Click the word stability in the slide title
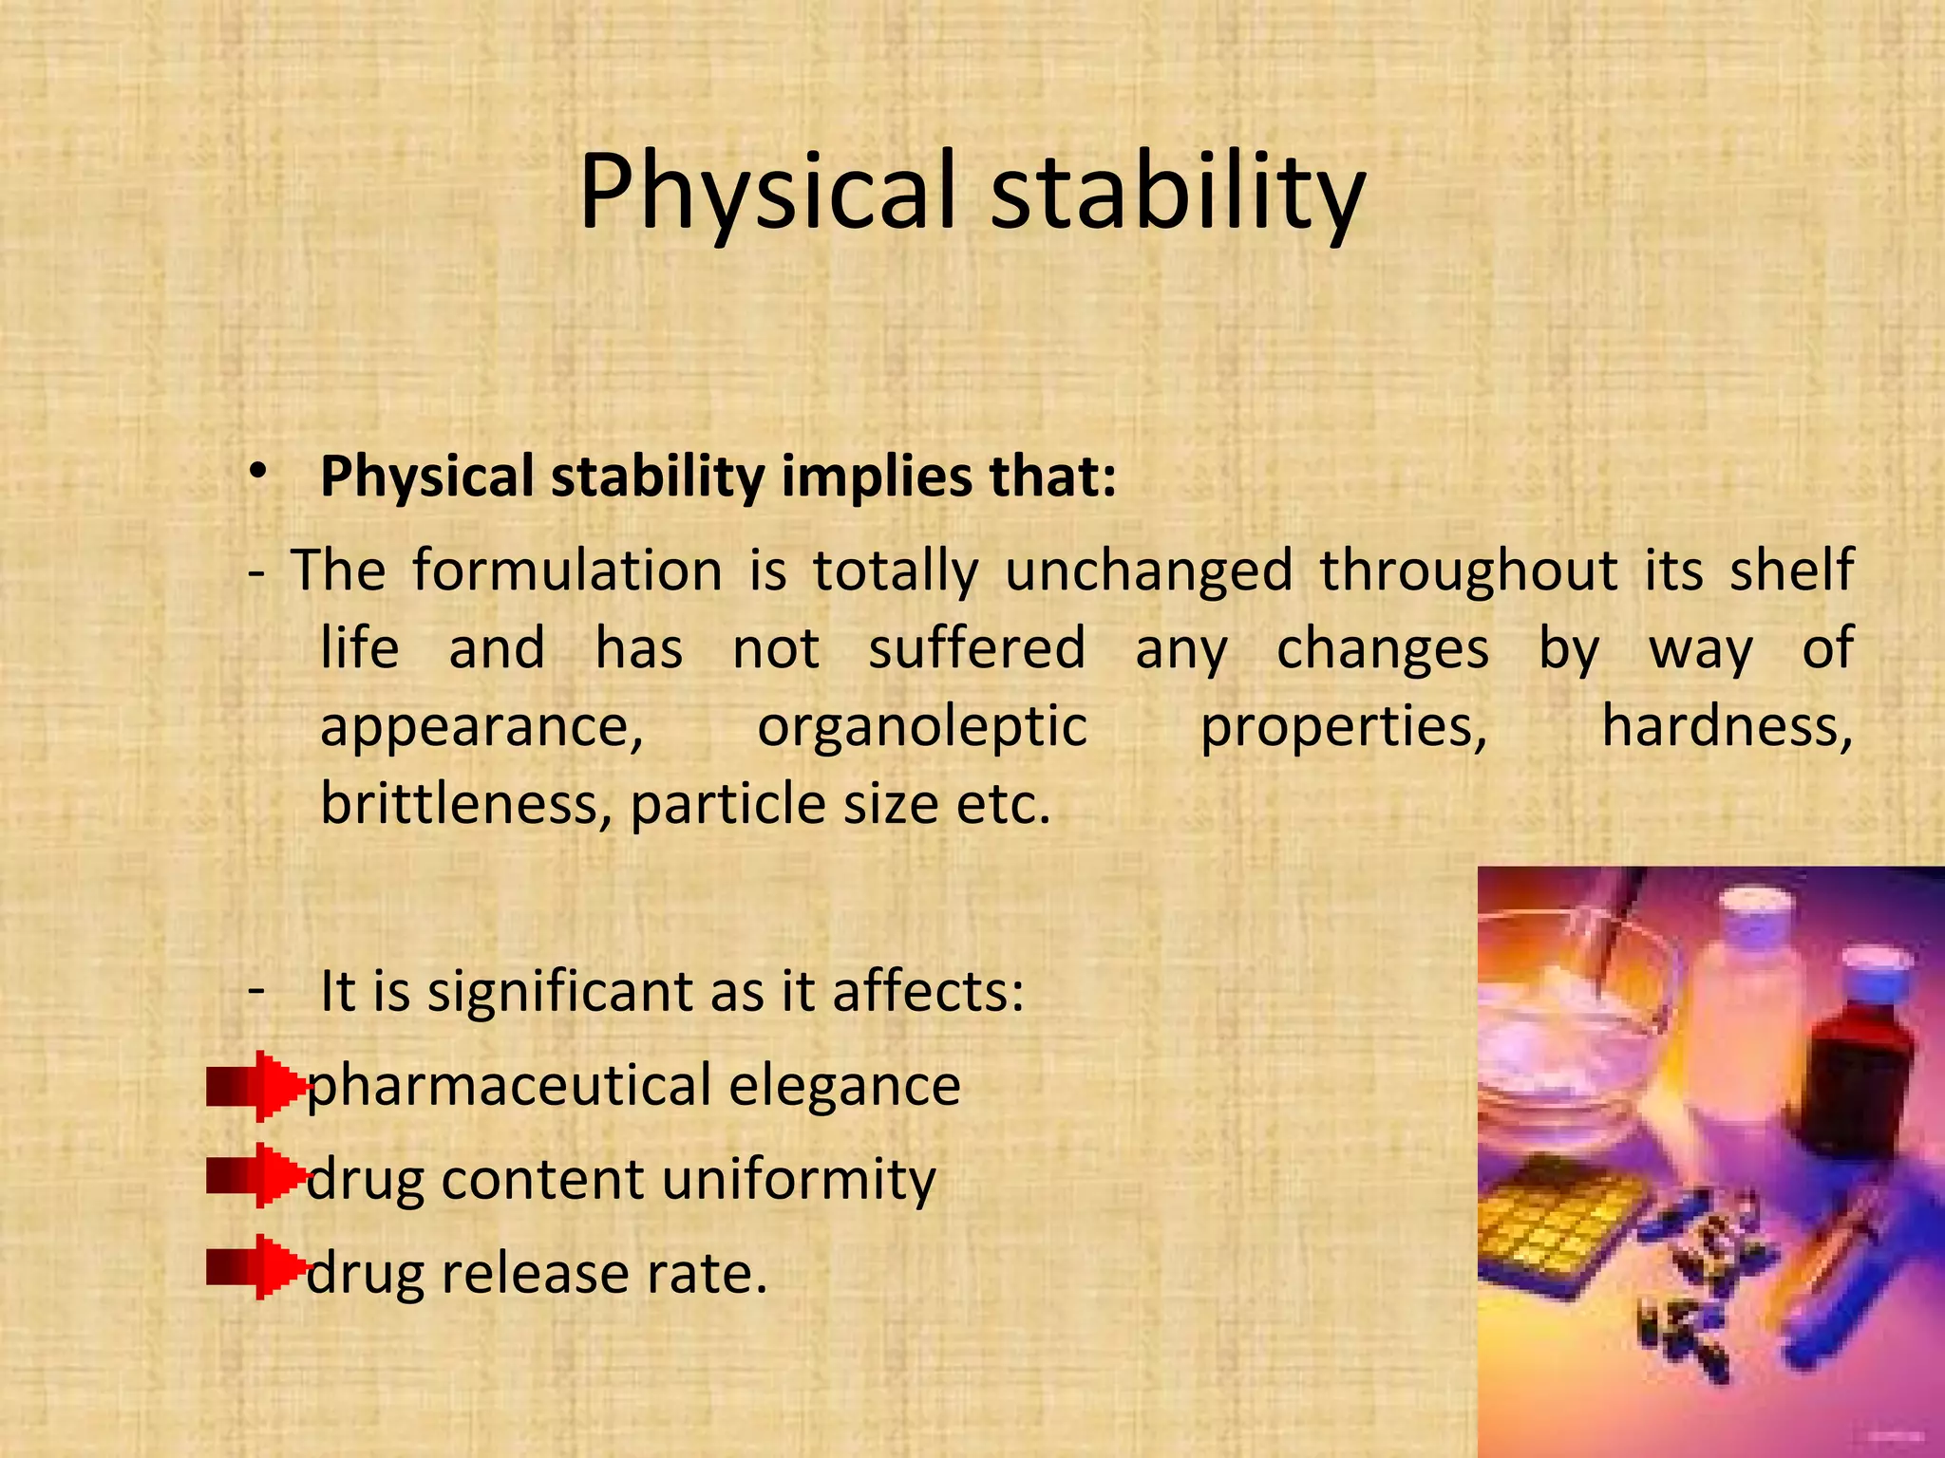click(x=1178, y=195)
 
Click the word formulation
click(x=567, y=571)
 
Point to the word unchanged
click(x=1148, y=571)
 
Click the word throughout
click(x=1468, y=571)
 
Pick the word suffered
click(x=976, y=649)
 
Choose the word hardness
click(x=1727, y=727)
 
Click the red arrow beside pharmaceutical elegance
click(x=256, y=1086)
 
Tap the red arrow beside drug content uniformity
click(x=256, y=1177)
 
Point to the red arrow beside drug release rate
click(x=256, y=1268)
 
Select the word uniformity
click(x=798, y=1181)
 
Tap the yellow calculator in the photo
click(x=1558, y=1224)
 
